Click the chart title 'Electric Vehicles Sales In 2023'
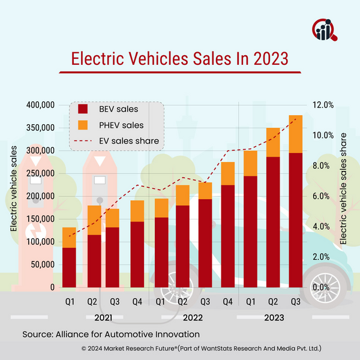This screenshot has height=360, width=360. pos(179,59)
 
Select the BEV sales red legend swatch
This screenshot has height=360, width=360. pos(82,110)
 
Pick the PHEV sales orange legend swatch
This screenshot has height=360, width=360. pos(82,125)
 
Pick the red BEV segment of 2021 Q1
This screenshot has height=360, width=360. pos(70,268)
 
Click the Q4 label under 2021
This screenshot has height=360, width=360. pos(137,302)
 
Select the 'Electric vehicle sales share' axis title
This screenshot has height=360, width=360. pos(344,188)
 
